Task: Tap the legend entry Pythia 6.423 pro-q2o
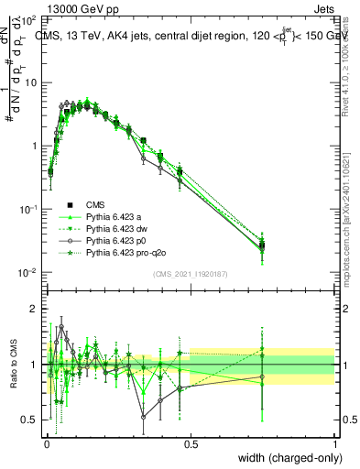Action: tap(127, 253)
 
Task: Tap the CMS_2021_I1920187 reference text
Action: tap(191, 273)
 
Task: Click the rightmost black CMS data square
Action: tap(262, 245)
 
